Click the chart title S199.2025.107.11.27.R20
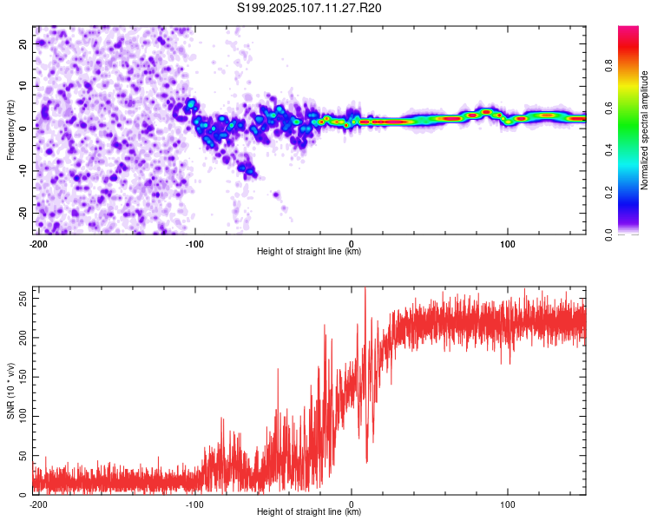[309, 8]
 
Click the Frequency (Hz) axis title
[10, 130]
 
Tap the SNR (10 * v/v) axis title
[10, 391]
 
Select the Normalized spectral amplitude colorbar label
[644, 130]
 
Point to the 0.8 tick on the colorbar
[608, 66]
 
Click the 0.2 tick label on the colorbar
[608, 193]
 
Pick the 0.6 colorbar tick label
[608, 108]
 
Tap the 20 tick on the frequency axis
[23, 43]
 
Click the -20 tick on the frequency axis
[23, 213]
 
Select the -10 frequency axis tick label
[23, 171]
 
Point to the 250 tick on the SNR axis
[23, 299]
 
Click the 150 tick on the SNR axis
[23, 377]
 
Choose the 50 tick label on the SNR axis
[23, 455]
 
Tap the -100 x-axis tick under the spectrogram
[194, 244]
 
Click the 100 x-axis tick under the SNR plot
[508, 505]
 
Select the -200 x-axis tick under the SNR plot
[38, 505]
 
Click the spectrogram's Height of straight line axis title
[309, 251]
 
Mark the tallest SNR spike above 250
[365, 288]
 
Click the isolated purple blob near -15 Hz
[277, 194]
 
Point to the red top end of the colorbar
[628, 29]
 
